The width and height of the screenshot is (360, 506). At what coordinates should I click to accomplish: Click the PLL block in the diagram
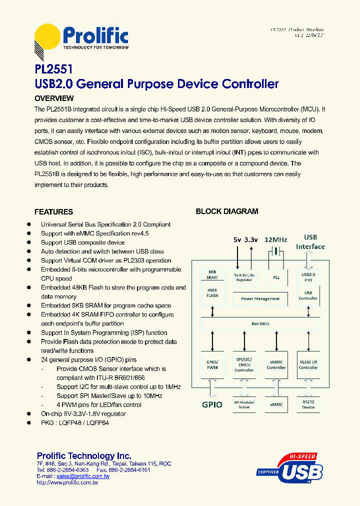pyautogui.click(x=276, y=277)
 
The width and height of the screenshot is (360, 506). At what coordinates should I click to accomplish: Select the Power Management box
pyautogui.click(x=260, y=298)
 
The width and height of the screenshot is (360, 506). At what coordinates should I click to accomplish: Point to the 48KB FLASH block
pyautogui.click(x=212, y=292)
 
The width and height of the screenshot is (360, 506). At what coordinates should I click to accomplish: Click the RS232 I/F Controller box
pyautogui.click(x=308, y=364)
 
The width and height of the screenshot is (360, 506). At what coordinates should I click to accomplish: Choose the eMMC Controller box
pyautogui.click(x=276, y=364)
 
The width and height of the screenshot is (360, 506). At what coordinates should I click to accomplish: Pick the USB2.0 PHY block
pyautogui.click(x=308, y=277)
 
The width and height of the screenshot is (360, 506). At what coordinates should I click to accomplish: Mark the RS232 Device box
pyautogui.click(x=308, y=404)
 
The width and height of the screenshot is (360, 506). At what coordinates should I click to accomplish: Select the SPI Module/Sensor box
pyautogui.click(x=244, y=404)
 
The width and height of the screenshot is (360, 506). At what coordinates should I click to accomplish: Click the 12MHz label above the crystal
pyautogui.click(x=275, y=239)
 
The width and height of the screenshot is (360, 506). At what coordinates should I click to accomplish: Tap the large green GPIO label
pyautogui.click(x=212, y=404)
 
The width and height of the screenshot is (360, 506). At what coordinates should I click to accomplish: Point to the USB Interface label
pyautogui.click(x=310, y=242)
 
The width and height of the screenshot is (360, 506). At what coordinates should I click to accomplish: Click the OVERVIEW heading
pyautogui.click(x=54, y=98)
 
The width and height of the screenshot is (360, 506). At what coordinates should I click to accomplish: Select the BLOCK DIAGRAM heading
pyautogui.click(x=226, y=211)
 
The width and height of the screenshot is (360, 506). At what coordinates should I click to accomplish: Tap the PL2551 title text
pyautogui.click(x=54, y=68)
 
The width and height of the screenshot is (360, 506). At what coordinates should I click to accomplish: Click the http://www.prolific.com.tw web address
pyautogui.click(x=67, y=482)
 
